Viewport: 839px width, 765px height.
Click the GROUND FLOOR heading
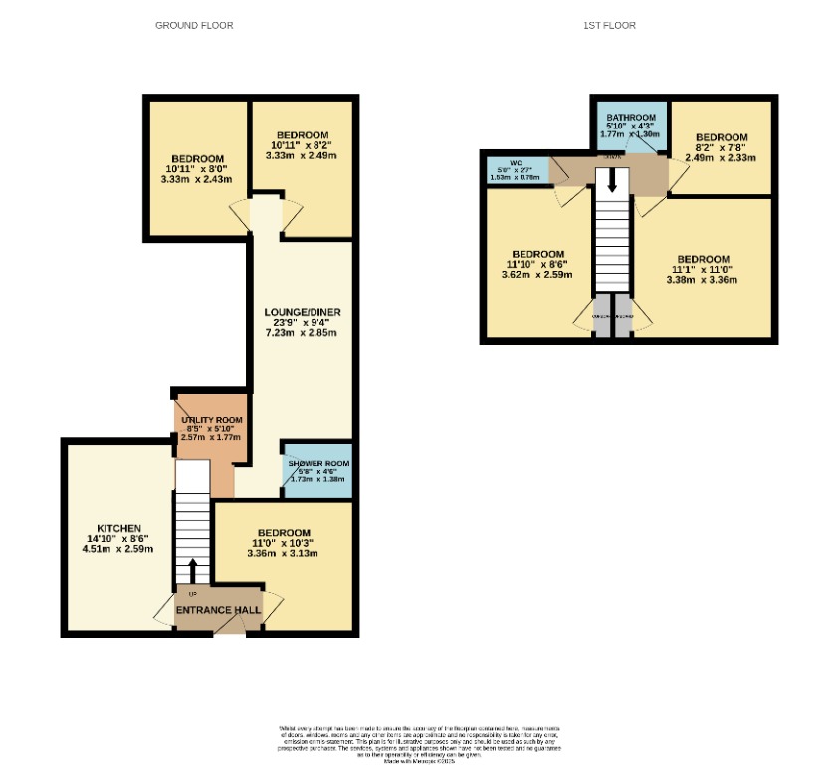194,25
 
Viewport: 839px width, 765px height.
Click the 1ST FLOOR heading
609,25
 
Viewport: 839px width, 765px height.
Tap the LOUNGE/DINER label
302,312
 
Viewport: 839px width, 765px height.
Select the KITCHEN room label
118,528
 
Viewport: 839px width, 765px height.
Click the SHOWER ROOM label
318,464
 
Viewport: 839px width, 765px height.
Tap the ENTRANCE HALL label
218,610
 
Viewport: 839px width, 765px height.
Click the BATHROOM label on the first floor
631,117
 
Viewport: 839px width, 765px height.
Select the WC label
516,162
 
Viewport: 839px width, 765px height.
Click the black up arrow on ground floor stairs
193,570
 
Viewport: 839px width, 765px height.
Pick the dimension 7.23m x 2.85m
302,332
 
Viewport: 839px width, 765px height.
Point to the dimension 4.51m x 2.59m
118,548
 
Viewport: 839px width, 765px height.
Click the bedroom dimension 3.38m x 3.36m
702,280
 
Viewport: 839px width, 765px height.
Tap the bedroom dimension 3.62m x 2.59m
537,274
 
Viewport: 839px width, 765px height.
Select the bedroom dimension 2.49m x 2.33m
721,157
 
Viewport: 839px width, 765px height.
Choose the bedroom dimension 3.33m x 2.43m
197,179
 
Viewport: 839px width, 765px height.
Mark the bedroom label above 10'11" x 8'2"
302,135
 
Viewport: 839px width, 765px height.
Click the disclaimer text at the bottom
419,743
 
